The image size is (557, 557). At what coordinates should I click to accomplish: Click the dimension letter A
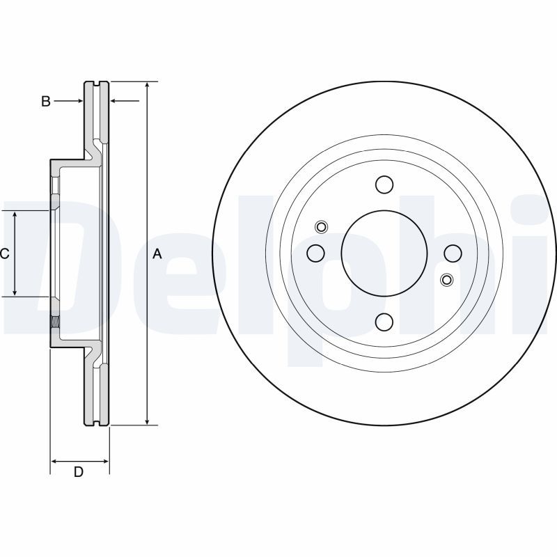pos(157,254)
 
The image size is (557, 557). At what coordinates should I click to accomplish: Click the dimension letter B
pos(45,102)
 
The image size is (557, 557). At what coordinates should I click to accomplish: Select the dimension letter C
pos(4,254)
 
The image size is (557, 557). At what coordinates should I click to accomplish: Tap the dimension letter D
pos(79,472)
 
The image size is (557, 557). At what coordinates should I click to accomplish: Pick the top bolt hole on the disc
pos(384,185)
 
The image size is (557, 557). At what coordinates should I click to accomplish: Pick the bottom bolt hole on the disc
pos(384,322)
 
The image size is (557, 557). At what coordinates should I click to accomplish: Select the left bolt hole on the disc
pos(315,252)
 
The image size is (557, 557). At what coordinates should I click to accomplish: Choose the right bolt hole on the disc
pos(453,253)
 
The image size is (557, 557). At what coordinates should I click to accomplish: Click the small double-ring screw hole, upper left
pos(321,226)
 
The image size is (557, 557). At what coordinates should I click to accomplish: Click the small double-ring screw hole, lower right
pos(447,280)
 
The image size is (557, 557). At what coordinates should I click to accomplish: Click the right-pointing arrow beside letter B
pos(79,102)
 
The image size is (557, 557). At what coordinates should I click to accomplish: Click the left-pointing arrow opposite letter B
pos(115,102)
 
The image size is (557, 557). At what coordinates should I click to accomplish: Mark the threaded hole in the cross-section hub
pos(54,322)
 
